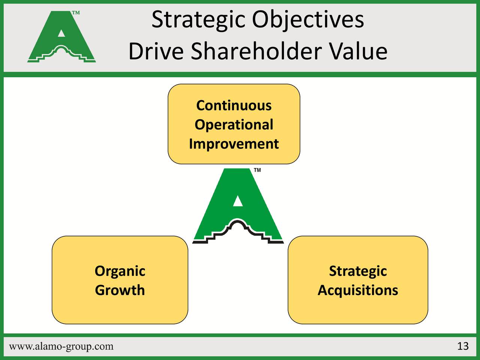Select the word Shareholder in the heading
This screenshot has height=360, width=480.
point(256,51)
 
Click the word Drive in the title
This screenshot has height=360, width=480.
point(156,51)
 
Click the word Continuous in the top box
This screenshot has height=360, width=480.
point(234,105)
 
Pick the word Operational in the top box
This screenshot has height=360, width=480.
point(234,125)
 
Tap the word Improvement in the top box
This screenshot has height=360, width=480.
point(234,144)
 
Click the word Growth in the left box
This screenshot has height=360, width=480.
point(120,290)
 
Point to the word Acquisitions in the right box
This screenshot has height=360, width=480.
point(358,291)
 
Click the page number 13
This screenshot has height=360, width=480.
point(463,346)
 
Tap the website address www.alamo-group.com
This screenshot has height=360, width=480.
point(61,346)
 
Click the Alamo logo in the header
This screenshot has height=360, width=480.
point(61,37)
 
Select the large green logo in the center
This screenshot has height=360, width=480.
point(238,205)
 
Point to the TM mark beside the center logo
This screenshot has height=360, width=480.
point(257,170)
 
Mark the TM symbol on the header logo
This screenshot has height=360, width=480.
point(76,13)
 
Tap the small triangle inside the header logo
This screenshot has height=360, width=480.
point(61,33)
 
